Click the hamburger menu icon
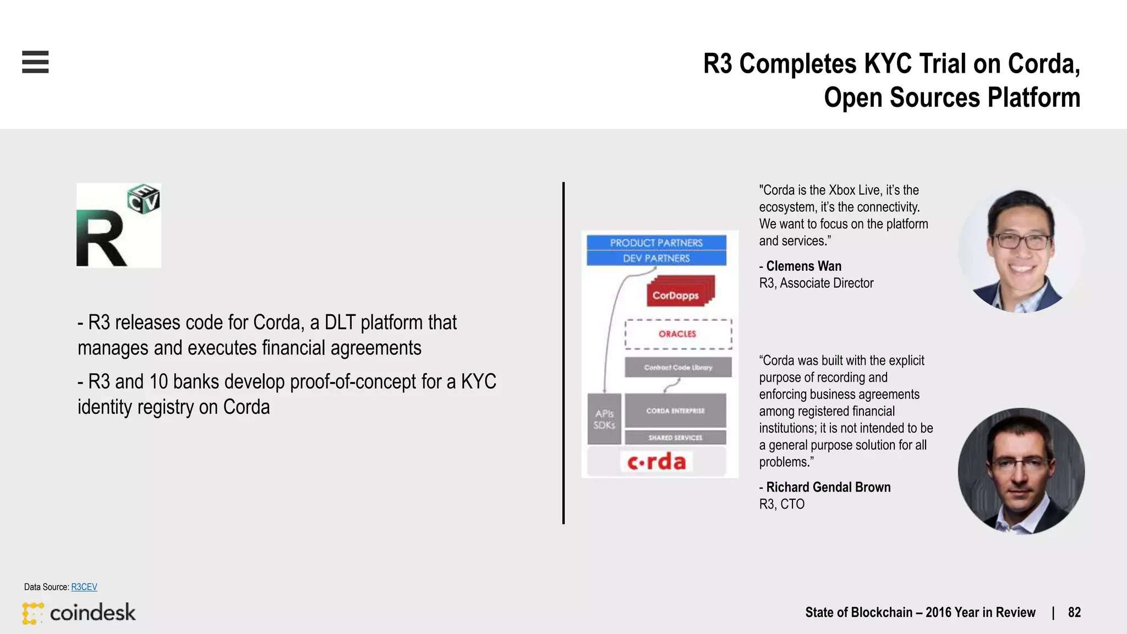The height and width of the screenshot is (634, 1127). click(35, 62)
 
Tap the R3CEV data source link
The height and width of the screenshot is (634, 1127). click(84, 587)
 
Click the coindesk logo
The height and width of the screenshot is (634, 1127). click(79, 613)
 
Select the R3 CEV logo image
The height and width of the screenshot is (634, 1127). click(119, 226)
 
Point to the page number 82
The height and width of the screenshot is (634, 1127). click(1074, 613)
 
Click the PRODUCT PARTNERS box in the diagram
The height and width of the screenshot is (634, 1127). click(656, 243)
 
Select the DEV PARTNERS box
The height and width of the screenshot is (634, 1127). click(656, 258)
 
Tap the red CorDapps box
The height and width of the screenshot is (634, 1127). click(676, 295)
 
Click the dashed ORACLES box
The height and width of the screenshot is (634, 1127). click(678, 334)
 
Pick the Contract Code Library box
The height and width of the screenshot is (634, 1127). click(678, 367)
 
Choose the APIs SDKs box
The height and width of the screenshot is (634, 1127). click(604, 419)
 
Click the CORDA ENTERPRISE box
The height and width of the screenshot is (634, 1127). click(675, 411)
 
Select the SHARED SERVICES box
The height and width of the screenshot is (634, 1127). click(675, 438)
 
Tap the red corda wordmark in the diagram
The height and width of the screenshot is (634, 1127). click(656, 462)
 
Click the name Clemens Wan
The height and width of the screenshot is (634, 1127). click(803, 266)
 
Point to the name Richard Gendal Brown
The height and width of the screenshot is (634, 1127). click(828, 488)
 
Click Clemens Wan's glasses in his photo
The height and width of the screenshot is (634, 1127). click(1021, 241)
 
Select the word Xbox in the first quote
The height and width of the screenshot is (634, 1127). click(842, 190)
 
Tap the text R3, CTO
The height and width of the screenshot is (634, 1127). click(781, 504)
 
